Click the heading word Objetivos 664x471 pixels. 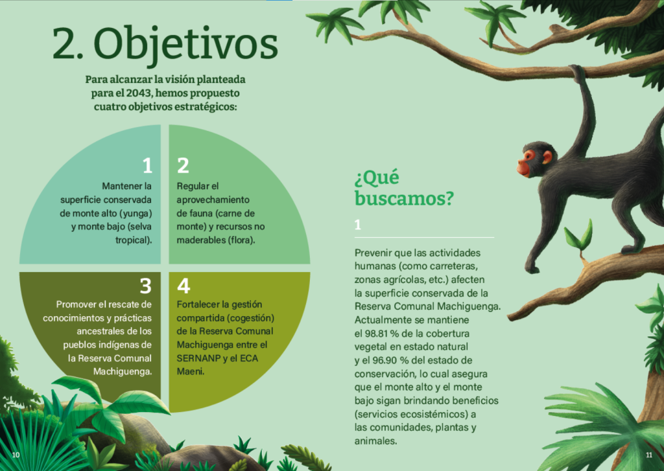pyautogui.click(x=186, y=45)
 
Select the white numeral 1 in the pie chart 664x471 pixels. pyautogui.click(x=147, y=165)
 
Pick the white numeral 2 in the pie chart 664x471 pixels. pyautogui.click(x=183, y=165)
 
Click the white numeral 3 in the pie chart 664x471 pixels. pyautogui.click(x=146, y=286)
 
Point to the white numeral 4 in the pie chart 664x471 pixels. pyautogui.click(x=184, y=286)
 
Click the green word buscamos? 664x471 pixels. pyautogui.click(x=404, y=198)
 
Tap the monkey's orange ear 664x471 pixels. pyautogui.click(x=547, y=157)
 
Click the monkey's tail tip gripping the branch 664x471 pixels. pyautogui.click(x=576, y=71)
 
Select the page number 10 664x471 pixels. pyautogui.click(x=16, y=455)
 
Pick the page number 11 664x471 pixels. pyautogui.click(x=648, y=455)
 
